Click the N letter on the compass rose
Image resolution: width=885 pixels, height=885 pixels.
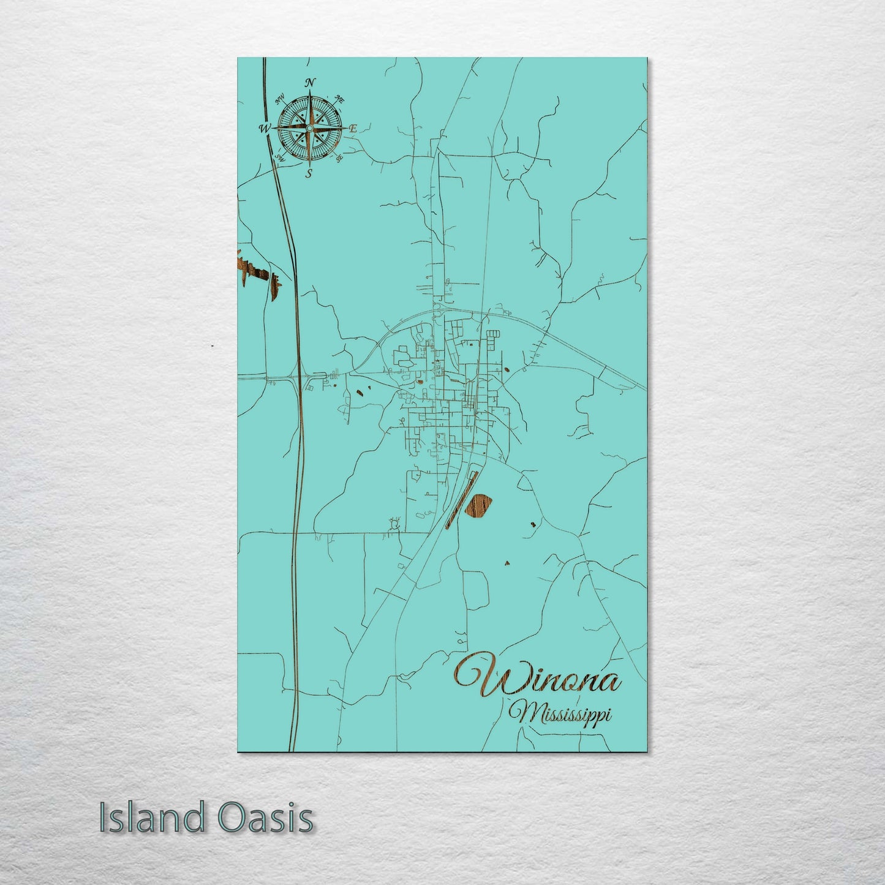(311, 83)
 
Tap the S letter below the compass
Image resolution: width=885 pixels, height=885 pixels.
(309, 173)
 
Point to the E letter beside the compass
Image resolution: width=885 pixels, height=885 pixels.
(353, 129)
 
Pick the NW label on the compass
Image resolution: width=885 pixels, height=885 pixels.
(280, 98)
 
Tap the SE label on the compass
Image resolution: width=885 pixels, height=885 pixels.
(339, 158)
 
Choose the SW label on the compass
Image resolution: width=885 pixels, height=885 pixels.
(281, 158)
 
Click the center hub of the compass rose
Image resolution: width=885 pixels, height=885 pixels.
(309, 128)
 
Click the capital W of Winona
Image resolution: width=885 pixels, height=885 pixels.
(481, 676)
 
